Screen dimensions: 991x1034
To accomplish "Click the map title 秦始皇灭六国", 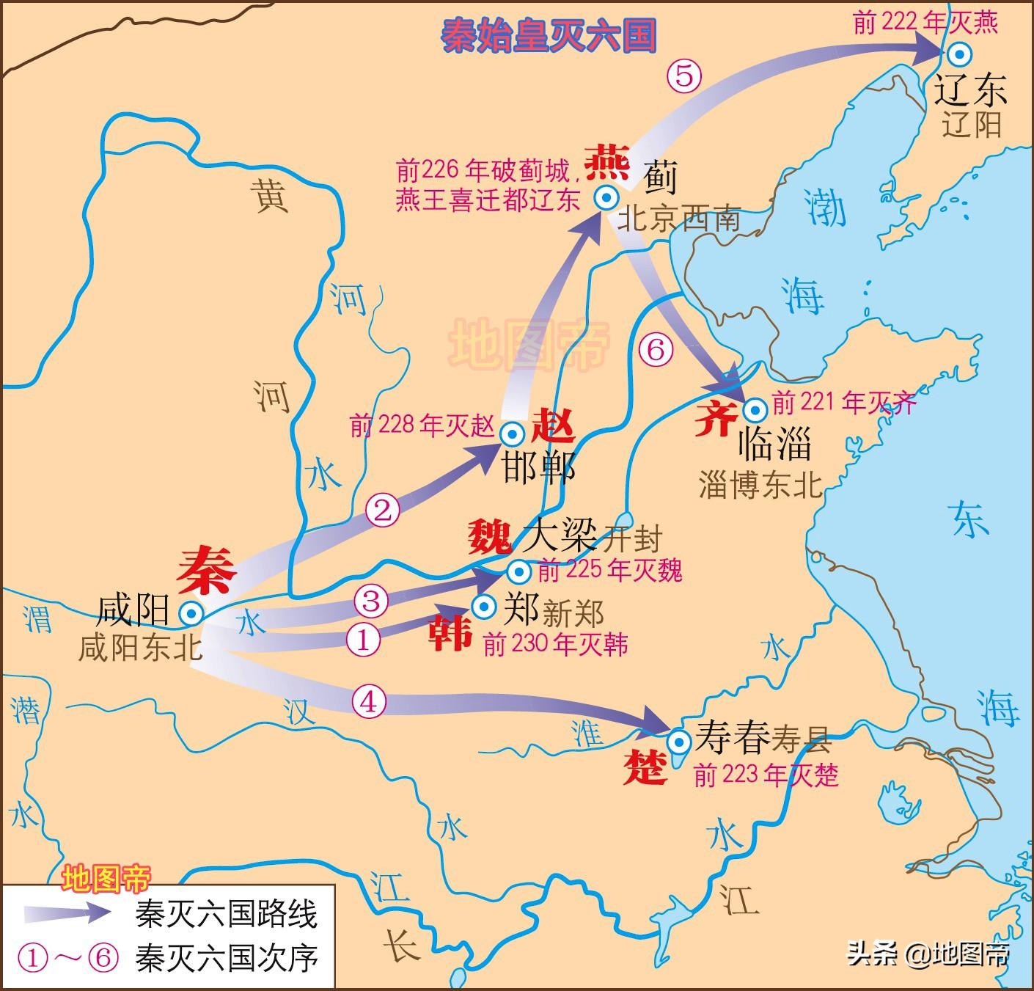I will click(x=548, y=35).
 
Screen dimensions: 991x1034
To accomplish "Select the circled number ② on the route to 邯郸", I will click(x=383, y=510).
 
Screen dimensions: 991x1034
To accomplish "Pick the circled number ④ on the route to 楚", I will click(x=368, y=701).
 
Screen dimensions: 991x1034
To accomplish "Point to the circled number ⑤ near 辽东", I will click(x=683, y=75).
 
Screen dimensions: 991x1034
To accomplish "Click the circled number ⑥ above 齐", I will click(x=655, y=349).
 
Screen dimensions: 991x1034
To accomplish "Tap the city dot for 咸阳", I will click(x=192, y=612).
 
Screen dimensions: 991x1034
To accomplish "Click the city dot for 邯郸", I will click(x=511, y=434).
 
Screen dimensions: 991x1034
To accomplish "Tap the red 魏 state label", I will click(x=490, y=537).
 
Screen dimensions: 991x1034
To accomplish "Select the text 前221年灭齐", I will click(x=844, y=402).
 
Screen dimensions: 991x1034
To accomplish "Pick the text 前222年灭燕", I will click(x=925, y=23).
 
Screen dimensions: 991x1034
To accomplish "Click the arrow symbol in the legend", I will click(x=66, y=913).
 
